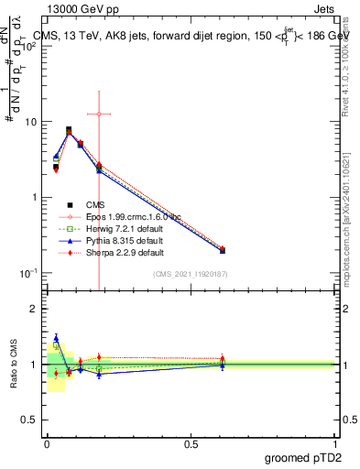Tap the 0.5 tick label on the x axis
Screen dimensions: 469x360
coord(190,442)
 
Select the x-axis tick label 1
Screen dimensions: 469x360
coord(334,442)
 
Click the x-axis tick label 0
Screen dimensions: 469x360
coord(46,442)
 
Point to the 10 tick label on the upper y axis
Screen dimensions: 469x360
coord(28,122)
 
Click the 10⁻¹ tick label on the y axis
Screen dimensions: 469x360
coord(27,273)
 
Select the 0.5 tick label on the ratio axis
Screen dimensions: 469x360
coord(31,419)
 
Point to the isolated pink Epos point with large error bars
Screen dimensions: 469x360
coord(99,115)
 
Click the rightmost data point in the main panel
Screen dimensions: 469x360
coord(223,249)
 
